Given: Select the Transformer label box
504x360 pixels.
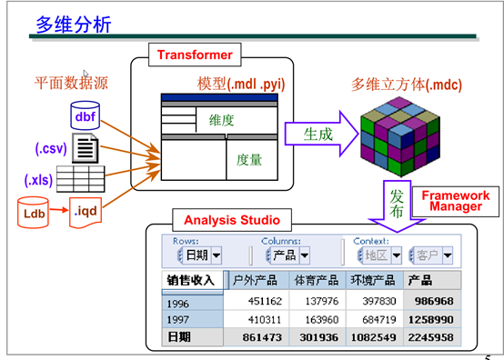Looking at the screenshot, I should pyautogui.click(x=194, y=55).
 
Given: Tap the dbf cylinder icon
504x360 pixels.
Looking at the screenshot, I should pyautogui.click(x=85, y=116).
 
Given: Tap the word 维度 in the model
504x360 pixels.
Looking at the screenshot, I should pyautogui.click(x=221, y=119).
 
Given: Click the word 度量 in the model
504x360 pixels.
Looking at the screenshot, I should pyautogui.click(x=249, y=159).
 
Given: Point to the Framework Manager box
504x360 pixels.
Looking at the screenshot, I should pyautogui.click(x=454, y=201).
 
